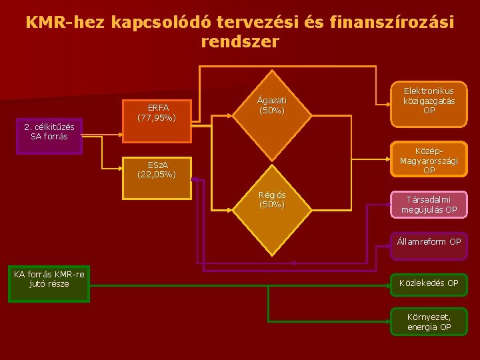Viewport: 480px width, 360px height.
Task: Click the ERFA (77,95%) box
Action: click(157, 112)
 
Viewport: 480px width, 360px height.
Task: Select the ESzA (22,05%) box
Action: click(157, 169)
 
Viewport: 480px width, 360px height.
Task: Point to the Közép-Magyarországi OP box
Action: click(429, 160)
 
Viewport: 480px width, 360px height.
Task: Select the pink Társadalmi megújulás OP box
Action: click(429, 205)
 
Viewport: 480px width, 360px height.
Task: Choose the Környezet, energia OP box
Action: click(429, 321)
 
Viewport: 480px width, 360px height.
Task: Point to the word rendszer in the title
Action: click(240, 43)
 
